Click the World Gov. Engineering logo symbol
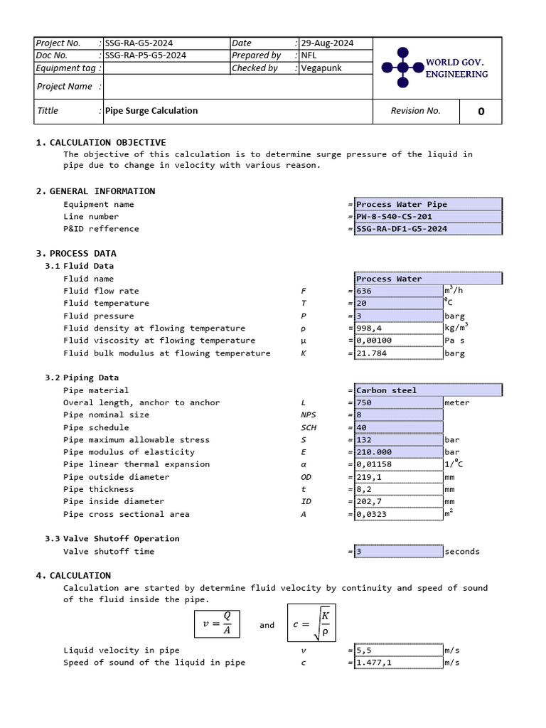402,68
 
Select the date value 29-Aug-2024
327,43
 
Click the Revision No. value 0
481,111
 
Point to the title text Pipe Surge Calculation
151,111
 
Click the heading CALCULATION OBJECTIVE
107,143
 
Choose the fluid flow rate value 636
398,291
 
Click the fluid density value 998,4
398,328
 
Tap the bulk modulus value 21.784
398,353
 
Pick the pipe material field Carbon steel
427,390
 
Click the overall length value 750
398,403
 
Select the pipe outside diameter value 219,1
398,477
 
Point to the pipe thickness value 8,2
398,489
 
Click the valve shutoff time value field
398,552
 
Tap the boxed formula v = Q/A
217,624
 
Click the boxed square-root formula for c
311,623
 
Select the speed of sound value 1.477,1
398,663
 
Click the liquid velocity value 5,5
398,651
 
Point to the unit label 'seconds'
462,552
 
